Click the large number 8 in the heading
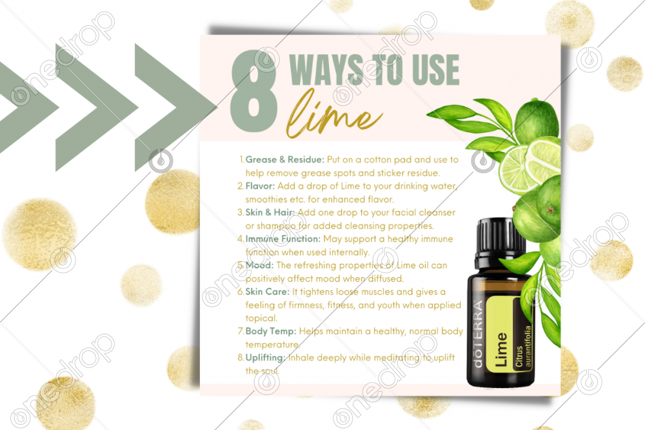[254, 91]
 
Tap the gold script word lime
[333, 114]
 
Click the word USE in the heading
[435, 70]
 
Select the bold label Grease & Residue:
[284, 159]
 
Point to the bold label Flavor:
[260, 186]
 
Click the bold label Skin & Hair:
[270, 213]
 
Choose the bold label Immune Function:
[283, 239]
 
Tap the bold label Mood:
[259, 265]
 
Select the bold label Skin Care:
[268, 291]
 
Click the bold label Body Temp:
[271, 331]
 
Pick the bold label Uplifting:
[265, 358]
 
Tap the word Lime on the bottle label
[501, 349]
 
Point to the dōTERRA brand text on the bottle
[477, 334]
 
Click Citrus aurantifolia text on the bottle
[523, 346]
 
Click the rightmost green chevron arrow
[175, 108]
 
